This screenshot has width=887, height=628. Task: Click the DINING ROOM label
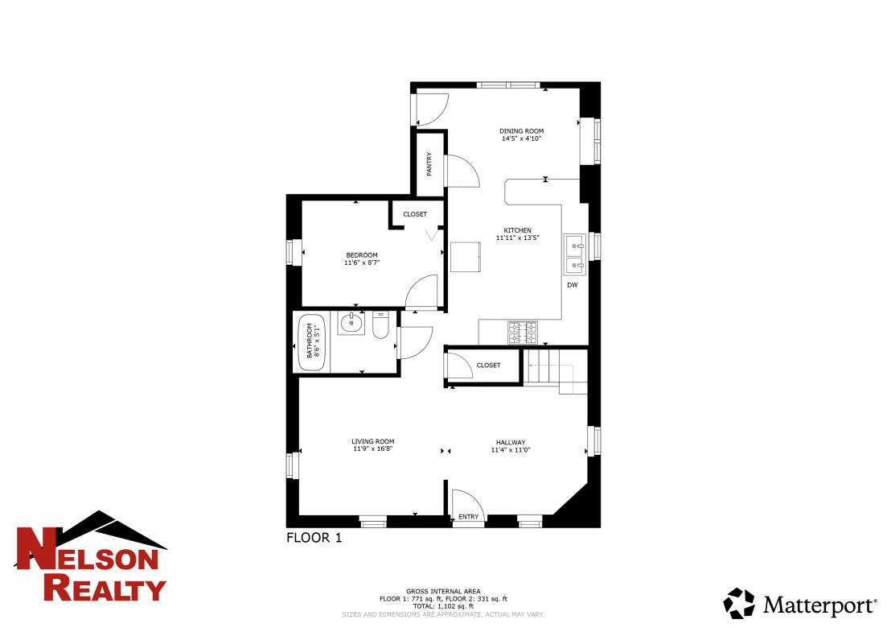(x=521, y=130)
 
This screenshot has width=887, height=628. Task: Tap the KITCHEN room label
(x=517, y=229)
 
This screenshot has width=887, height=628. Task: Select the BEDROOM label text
(x=361, y=255)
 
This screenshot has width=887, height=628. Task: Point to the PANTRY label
(x=429, y=163)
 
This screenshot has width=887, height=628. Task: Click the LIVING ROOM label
(x=372, y=441)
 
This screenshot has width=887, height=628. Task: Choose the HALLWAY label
(x=510, y=442)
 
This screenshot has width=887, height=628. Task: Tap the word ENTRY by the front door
(x=468, y=517)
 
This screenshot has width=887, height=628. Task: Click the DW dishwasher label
(x=572, y=285)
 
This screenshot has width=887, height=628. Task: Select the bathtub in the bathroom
(x=308, y=344)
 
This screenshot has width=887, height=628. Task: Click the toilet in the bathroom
(x=380, y=325)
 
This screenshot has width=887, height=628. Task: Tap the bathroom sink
(x=351, y=324)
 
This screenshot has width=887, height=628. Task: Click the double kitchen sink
(x=574, y=254)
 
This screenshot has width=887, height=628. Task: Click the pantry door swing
(x=462, y=171)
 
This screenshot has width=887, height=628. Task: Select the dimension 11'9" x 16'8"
(x=372, y=450)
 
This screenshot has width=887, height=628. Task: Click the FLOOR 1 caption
(x=314, y=538)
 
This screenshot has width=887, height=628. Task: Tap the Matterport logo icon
(x=739, y=603)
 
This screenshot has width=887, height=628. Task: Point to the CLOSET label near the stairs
(x=488, y=366)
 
